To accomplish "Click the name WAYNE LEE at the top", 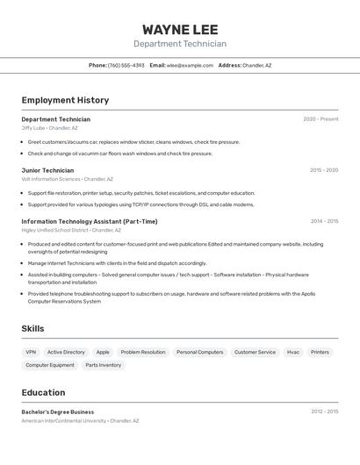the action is (x=180, y=29).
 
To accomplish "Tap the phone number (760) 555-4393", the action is (x=126, y=65).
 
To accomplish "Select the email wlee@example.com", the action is (x=191, y=65).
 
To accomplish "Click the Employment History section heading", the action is (x=65, y=100).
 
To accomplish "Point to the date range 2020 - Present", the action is (x=320, y=119).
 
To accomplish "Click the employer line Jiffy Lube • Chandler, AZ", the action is (x=49, y=128).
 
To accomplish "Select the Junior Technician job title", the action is (x=47, y=170).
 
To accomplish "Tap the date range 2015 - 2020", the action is (x=324, y=170).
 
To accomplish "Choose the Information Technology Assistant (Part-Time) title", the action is (x=90, y=221).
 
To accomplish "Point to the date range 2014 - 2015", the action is (x=324, y=221).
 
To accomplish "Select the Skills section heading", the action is (x=32, y=328).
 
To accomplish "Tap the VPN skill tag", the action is (x=31, y=352).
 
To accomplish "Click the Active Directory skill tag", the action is (x=66, y=352).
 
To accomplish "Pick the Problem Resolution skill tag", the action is (x=143, y=352).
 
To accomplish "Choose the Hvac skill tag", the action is (x=293, y=352).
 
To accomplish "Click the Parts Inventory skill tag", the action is (x=104, y=365).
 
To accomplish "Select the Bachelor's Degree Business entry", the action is (x=58, y=411).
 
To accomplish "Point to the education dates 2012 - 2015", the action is (x=324, y=411).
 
